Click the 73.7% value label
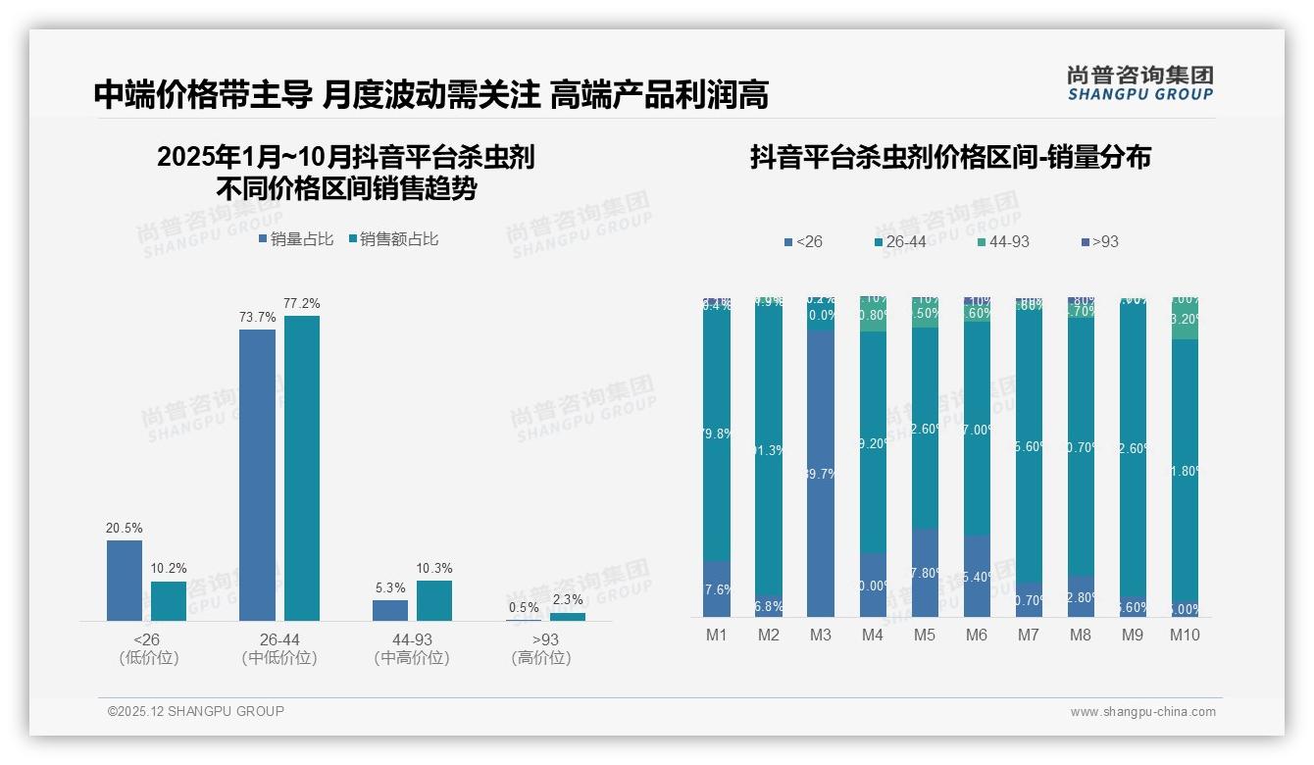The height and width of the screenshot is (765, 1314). (x=257, y=317)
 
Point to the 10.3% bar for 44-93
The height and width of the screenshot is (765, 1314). (x=434, y=600)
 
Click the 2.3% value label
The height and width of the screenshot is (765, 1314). (x=568, y=599)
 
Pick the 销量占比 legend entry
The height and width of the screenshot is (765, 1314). (x=297, y=239)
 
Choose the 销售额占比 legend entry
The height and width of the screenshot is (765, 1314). (x=393, y=239)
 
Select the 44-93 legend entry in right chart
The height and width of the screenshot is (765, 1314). (x=1003, y=241)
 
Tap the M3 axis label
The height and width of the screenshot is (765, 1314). (x=821, y=635)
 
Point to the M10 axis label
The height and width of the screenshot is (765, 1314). (x=1185, y=635)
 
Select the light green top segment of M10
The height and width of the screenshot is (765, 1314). (x=1185, y=320)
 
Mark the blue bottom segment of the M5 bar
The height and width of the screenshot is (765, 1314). (x=925, y=573)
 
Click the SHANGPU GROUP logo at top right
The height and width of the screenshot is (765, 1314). (x=1139, y=83)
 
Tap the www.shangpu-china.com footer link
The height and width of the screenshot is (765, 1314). (x=1142, y=712)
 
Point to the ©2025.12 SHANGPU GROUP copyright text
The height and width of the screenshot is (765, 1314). (x=196, y=711)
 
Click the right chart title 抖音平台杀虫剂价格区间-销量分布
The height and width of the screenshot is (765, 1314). (x=950, y=157)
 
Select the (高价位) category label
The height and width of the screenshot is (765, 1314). (x=541, y=658)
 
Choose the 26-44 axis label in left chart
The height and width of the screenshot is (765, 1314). (x=279, y=639)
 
